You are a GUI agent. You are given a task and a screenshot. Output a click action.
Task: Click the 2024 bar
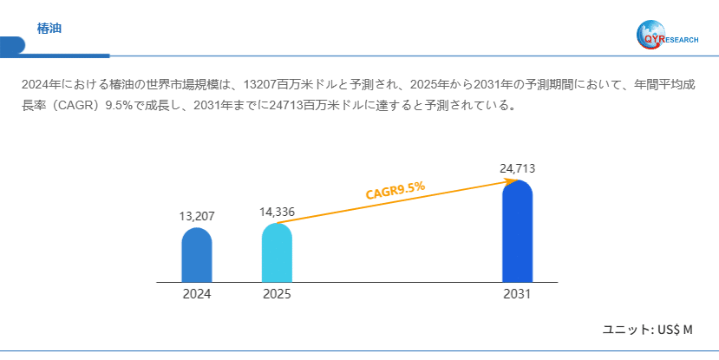(197, 256)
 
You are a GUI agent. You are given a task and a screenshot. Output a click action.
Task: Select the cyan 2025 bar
(277, 253)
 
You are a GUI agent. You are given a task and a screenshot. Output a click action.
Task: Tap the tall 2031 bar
(517, 232)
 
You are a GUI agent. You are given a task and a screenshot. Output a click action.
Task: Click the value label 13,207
(197, 216)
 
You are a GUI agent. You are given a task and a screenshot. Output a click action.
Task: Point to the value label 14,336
(277, 212)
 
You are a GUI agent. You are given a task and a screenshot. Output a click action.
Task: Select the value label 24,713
(517, 167)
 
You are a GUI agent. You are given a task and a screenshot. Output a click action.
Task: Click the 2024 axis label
(197, 294)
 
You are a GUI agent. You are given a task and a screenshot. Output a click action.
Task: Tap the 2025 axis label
(277, 294)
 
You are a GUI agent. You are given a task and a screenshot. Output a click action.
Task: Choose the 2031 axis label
(517, 294)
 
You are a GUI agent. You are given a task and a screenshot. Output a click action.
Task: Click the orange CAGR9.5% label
(395, 189)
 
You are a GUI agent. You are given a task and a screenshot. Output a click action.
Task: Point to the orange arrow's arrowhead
(511, 181)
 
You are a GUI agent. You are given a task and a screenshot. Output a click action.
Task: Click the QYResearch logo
(666, 34)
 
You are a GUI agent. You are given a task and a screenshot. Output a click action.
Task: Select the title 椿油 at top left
(49, 29)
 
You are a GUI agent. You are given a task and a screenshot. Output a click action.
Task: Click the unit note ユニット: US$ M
(648, 330)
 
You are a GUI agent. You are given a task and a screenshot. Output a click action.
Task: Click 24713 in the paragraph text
(292, 107)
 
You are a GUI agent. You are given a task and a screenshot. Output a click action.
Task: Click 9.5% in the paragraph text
(118, 107)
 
